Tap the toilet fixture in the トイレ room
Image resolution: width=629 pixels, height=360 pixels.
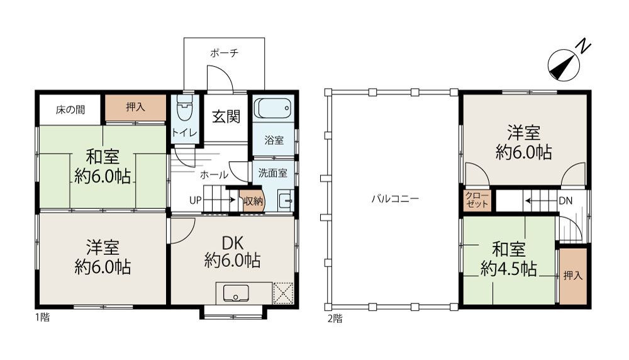(x=184, y=107)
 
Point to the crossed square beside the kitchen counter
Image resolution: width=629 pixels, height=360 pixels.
(x=283, y=293)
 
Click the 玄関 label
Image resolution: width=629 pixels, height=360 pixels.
(x=226, y=117)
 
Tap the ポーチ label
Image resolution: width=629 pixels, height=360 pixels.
(x=225, y=53)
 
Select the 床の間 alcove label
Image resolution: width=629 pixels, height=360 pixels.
(x=70, y=110)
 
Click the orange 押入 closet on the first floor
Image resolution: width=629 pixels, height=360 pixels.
(x=136, y=107)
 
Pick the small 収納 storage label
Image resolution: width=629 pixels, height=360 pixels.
(x=253, y=201)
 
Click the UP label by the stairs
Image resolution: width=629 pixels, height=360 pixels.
(x=196, y=200)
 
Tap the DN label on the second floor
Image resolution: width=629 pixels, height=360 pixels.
(x=565, y=201)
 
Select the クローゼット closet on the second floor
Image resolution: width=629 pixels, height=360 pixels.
(x=477, y=200)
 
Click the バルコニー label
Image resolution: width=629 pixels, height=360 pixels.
(x=395, y=198)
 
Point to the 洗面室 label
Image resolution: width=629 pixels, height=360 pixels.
(x=273, y=173)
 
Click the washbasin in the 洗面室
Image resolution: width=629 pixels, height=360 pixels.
(x=286, y=201)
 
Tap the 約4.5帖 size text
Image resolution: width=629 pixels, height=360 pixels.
(x=509, y=269)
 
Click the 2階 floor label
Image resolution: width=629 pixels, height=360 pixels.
(x=335, y=318)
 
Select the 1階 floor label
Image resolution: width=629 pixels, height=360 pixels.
(x=43, y=317)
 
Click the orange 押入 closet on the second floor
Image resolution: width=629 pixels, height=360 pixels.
(x=573, y=276)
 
